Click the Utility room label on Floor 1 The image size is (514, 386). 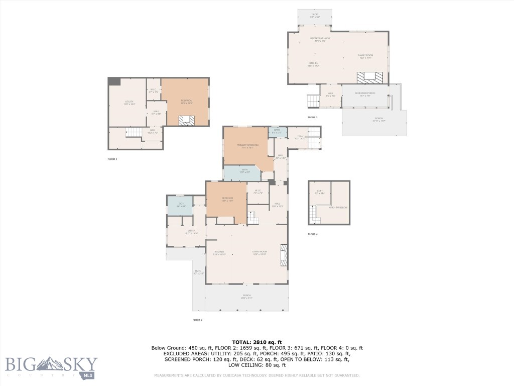click(x=129, y=103)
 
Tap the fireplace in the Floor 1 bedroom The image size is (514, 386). click(x=187, y=120)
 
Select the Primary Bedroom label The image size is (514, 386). click(x=247, y=146)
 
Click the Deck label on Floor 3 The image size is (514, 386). click(x=314, y=16)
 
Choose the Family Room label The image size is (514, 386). click(x=365, y=56)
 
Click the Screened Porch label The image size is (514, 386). click(x=365, y=94)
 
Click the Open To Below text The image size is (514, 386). click(x=338, y=207)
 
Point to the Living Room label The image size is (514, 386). click(x=259, y=252)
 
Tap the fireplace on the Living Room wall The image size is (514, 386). click(x=284, y=255)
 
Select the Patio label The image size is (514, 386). click(x=198, y=272)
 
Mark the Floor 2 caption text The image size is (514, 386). click(x=197, y=320)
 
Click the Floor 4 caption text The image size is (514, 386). click(x=313, y=234)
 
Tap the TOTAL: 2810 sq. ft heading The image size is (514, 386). click(x=257, y=342)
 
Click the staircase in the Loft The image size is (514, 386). click(x=315, y=216)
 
